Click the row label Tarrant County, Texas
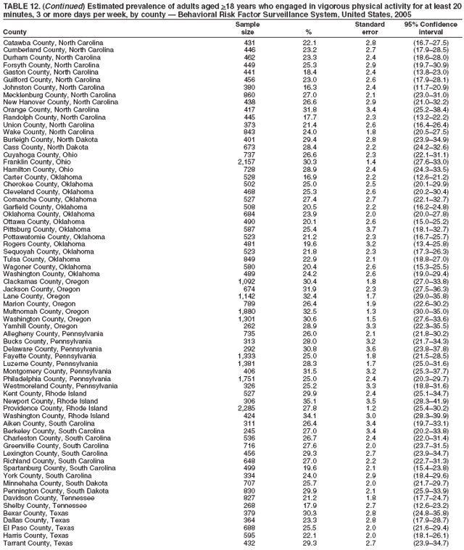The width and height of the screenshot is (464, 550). tap(38, 543)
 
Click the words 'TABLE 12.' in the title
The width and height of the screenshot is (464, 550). tap(21, 5)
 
